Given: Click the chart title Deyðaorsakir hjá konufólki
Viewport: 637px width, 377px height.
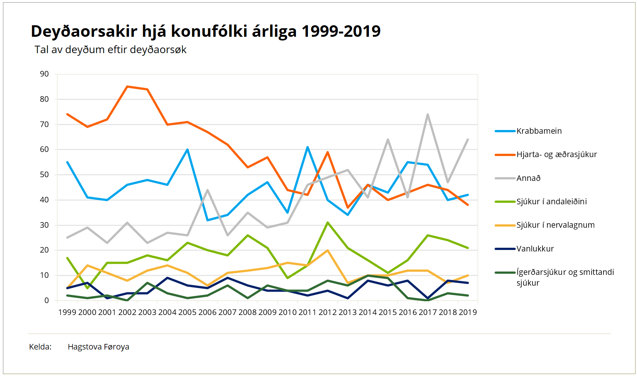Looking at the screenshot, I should (205, 31).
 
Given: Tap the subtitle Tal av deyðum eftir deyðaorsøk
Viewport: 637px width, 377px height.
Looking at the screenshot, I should (110, 50).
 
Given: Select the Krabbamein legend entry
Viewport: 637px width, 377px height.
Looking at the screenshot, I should (539, 131).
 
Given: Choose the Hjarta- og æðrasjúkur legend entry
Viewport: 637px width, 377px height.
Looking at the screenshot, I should (556, 155).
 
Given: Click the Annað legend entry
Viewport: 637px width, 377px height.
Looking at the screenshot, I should (528, 178).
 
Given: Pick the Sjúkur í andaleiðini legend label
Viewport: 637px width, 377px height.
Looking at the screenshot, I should (551, 202).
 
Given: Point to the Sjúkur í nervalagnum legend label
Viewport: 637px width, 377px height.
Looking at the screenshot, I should (555, 225).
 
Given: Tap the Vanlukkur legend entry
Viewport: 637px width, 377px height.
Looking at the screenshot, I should (535, 249).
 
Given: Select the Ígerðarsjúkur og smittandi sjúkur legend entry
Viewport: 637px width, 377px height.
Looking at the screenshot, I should (564, 277).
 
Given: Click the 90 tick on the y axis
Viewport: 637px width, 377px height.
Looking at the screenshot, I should (44, 74).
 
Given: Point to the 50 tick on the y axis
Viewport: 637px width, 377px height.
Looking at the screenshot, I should (44, 175).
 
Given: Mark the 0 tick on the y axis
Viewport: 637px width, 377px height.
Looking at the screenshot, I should (46, 300).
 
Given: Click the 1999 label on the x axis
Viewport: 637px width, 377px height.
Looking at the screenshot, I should (67, 312).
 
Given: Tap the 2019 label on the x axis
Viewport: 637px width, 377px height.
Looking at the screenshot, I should (467, 312).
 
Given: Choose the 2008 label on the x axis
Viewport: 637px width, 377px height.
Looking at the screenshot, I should (247, 312).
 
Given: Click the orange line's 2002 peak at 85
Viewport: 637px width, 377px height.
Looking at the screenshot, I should (127, 87).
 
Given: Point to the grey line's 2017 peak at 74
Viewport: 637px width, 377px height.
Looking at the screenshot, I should (428, 114).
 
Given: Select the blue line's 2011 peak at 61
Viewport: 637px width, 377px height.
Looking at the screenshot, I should (308, 147).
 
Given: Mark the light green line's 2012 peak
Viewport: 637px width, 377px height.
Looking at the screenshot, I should (328, 222).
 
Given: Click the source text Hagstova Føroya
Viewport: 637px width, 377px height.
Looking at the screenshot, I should (98, 347).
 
